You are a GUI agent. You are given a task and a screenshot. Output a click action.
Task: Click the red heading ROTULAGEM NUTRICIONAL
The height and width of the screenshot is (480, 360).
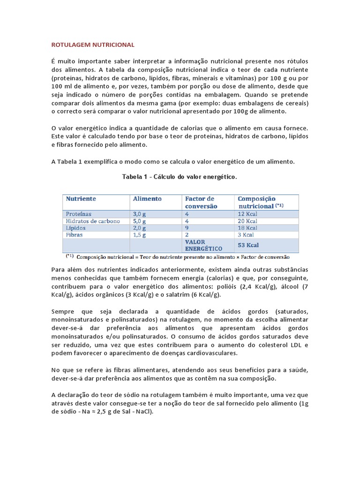point(92,45)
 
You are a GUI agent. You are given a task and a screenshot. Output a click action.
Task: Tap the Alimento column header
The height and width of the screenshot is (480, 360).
point(147,199)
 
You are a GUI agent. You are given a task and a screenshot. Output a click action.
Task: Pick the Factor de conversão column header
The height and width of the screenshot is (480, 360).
point(200,202)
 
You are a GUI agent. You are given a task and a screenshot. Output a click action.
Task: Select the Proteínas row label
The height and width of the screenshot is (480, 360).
point(79,214)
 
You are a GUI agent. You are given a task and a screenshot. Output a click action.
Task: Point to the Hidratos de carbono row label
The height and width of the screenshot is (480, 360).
point(93,221)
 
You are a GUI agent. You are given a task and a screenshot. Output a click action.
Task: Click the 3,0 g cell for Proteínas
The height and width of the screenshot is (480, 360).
point(140,214)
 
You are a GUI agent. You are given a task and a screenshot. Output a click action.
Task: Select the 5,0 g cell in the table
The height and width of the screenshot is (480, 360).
point(140,221)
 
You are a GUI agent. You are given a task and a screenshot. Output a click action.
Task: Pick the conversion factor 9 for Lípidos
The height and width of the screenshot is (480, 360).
point(187,228)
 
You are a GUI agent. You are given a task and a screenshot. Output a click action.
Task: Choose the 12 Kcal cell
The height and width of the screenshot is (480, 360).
point(248,214)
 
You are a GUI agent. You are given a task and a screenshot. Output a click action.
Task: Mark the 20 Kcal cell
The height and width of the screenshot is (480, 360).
point(248,221)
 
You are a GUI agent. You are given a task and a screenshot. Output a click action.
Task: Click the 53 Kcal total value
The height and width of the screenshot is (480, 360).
point(248,245)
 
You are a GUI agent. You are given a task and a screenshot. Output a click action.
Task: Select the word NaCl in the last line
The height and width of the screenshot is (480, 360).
point(142,412)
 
